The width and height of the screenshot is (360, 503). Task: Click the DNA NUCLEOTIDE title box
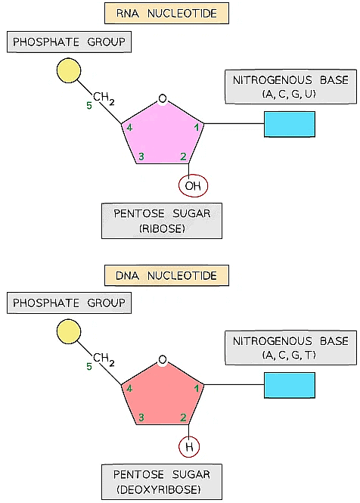[166, 274]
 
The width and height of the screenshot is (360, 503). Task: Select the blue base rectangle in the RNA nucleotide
[289, 124]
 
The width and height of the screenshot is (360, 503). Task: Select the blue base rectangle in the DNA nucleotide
[289, 385]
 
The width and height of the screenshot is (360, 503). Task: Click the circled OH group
[192, 185]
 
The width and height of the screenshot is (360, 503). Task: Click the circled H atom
[189, 447]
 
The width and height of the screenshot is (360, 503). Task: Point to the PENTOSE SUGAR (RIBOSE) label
[162, 220]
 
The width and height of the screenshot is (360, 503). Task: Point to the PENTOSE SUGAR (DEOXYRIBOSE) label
[162, 481]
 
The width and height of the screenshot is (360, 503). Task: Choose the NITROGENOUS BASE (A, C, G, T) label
[290, 348]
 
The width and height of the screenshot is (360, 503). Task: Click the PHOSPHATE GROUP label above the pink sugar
[69, 42]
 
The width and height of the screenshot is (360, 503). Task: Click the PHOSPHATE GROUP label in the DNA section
[69, 303]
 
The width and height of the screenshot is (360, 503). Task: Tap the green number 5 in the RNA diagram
[89, 106]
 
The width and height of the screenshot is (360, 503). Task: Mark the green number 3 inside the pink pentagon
[140, 157]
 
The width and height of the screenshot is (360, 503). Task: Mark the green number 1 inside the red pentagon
[197, 389]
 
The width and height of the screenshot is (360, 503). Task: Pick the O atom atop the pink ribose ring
[162, 99]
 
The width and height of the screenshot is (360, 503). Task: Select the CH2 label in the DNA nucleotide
[104, 359]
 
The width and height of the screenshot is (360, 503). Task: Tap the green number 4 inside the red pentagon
[129, 389]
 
